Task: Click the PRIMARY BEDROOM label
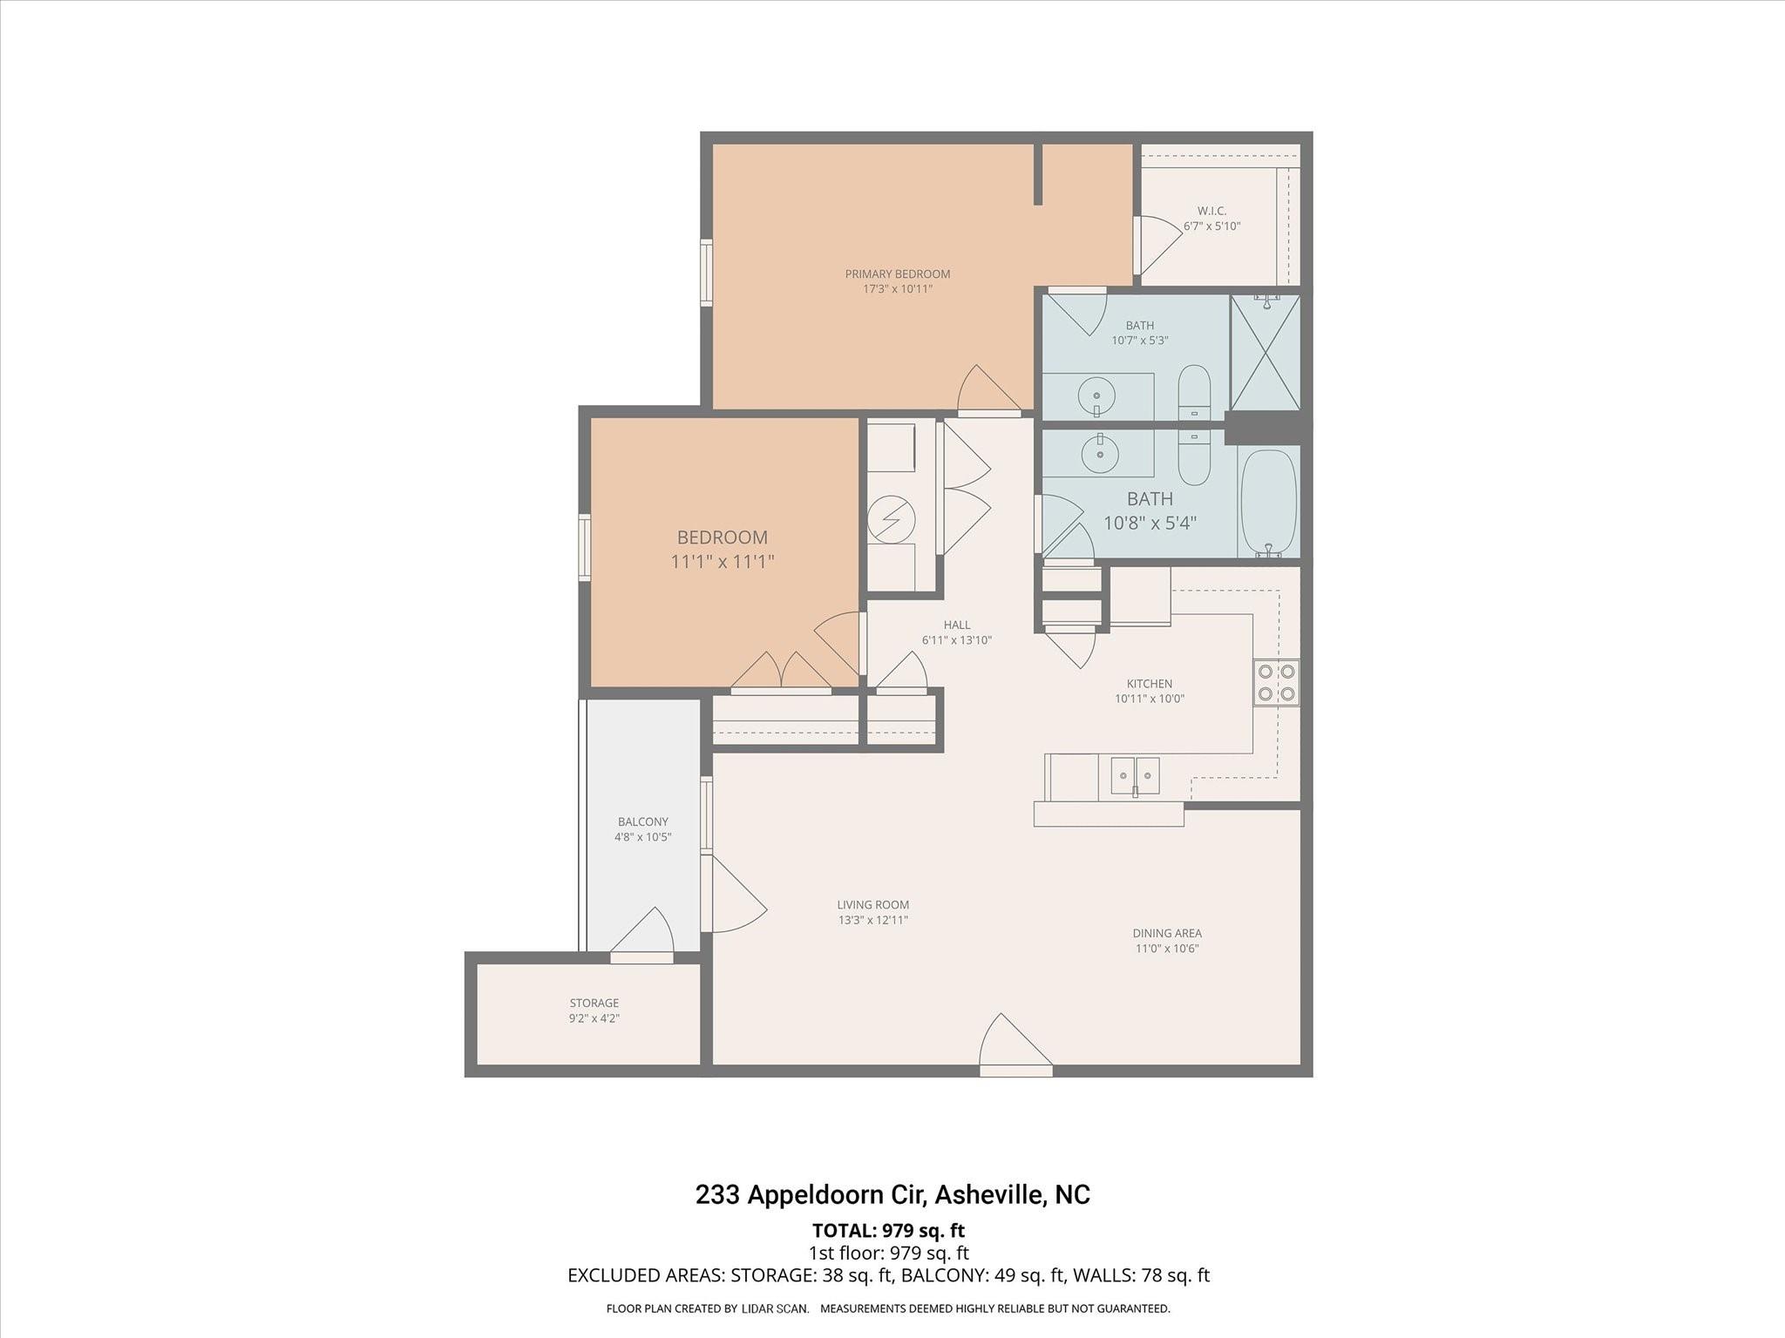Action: pyautogui.click(x=897, y=274)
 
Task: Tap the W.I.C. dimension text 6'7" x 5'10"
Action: pyautogui.click(x=1211, y=226)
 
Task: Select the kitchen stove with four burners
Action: pyautogui.click(x=1276, y=682)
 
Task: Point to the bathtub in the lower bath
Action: pyautogui.click(x=1268, y=503)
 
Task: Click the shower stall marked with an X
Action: pyautogui.click(x=1265, y=352)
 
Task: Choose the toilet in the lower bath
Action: pyautogui.click(x=1194, y=456)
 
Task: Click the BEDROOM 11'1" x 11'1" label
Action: pyautogui.click(x=723, y=549)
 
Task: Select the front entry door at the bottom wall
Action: pyautogui.click(x=1015, y=1046)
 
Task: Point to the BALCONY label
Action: pyautogui.click(x=642, y=821)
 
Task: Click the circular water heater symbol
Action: pyautogui.click(x=891, y=519)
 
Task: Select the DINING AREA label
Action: pyautogui.click(x=1166, y=933)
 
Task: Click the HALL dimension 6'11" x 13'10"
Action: pyautogui.click(x=956, y=640)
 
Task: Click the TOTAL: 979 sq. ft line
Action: pyautogui.click(x=888, y=1231)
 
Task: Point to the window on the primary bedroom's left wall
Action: pyautogui.click(x=707, y=273)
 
